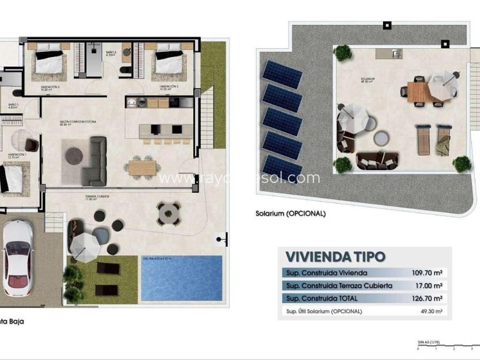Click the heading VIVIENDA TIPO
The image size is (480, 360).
[335, 256]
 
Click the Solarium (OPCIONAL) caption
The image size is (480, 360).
[291, 213]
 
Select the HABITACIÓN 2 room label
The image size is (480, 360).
[50, 87]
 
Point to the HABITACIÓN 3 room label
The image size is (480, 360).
[169, 86]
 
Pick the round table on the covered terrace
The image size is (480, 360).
[168, 214]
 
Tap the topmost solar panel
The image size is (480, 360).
[282, 74]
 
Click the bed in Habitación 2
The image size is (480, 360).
[48, 59]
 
